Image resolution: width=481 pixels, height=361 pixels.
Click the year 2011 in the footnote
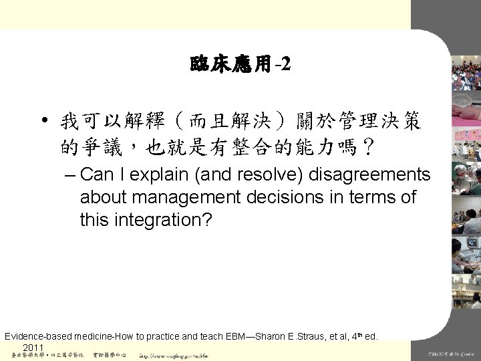[33, 348]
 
